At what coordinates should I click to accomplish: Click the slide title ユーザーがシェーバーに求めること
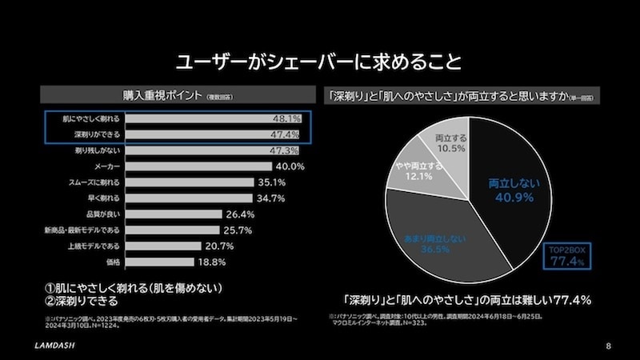(320, 62)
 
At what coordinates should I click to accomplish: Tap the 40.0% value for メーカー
(290, 166)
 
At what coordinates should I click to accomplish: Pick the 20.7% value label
(219, 246)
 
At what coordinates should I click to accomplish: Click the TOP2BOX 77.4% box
(568, 254)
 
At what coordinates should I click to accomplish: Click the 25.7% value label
(239, 230)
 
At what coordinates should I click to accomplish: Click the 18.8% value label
(212, 262)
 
